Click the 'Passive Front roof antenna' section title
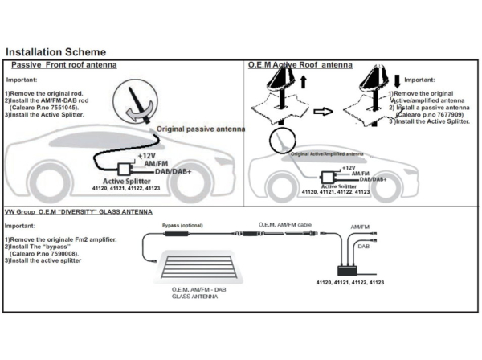tap(63, 64)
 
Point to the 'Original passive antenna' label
tap(201, 129)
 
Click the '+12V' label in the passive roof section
tap(145, 154)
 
